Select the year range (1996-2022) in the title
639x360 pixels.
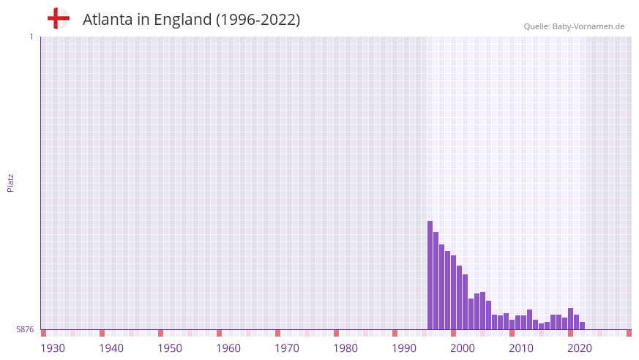click(x=258, y=20)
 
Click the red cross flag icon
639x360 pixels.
click(x=59, y=18)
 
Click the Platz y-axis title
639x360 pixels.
click(x=10, y=182)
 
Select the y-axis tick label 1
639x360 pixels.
click(x=31, y=37)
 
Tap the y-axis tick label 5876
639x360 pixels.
click(x=25, y=330)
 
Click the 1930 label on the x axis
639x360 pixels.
click(x=53, y=348)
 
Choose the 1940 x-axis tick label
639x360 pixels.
click(x=111, y=348)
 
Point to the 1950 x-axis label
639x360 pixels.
click(x=170, y=348)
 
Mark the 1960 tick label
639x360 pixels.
click(x=228, y=348)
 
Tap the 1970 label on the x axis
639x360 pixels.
click(x=287, y=348)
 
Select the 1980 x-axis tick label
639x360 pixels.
click(x=345, y=348)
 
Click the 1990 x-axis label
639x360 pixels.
click(x=404, y=348)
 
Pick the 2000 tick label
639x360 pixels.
click(x=463, y=348)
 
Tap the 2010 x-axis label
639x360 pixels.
click(x=521, y=348)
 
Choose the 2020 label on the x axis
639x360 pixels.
click(x=580, y=348)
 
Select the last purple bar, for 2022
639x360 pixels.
click(x=583, y=326)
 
